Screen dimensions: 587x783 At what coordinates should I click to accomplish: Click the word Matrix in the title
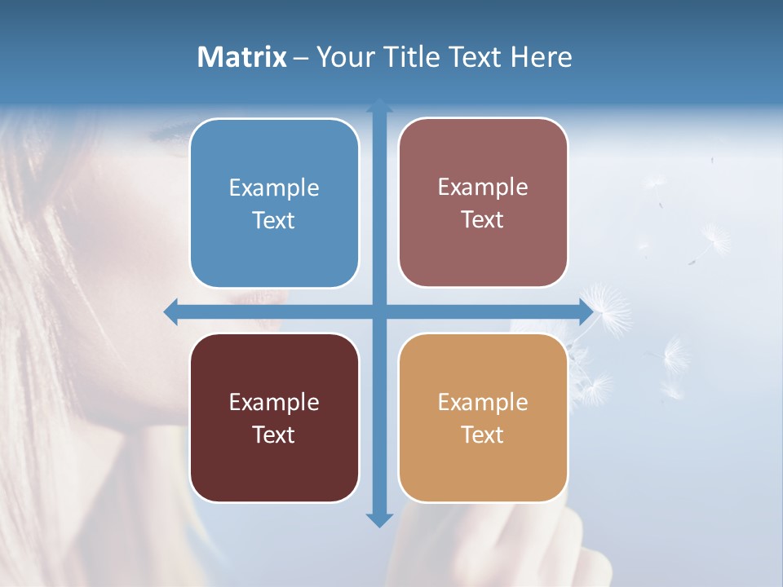[x=242, y=57]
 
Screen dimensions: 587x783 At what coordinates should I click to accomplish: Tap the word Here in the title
[x=542, y=57]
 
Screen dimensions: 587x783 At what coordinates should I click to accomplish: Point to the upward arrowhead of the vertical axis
[x=379, y=105]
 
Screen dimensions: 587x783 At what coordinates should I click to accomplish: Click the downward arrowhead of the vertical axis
[x=379, y=519]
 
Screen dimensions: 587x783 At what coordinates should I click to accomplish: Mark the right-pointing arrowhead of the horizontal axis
[x=585, y=311]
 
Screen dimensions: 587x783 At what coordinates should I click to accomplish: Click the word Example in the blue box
[x=274, y=188]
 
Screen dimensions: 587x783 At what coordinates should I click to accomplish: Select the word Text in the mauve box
[x=483, y=220]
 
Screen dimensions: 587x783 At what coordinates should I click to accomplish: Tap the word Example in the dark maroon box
[x=274, y=402]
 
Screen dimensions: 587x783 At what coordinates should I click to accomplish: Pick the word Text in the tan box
[x=483, y=435]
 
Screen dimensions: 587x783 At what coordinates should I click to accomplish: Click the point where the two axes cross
[x=379, y=311]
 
